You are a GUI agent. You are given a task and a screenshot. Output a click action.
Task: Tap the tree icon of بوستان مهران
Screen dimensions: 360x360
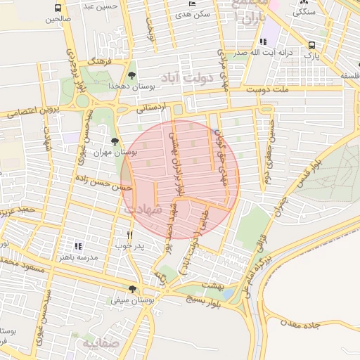[115, 143]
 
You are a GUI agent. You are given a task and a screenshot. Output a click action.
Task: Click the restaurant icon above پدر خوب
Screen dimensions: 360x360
[129, 235]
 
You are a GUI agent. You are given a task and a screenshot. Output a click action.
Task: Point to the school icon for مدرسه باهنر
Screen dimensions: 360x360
[77, 247]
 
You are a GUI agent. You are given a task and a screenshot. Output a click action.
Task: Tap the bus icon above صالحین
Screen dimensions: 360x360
[58, 8]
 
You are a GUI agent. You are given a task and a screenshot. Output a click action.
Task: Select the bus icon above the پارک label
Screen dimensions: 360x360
[311, 45]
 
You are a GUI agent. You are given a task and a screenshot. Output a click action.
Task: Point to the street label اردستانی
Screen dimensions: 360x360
[151, 108]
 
